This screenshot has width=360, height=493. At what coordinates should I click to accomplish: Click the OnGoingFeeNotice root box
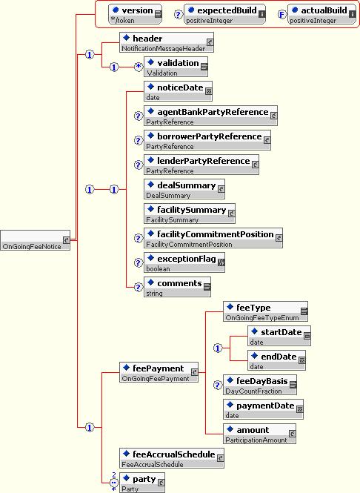tap(35, 240)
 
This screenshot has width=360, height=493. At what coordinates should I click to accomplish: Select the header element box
tap(167, 42)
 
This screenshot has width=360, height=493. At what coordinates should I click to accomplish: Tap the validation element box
tap(176, 67)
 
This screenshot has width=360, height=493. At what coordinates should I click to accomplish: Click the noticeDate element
tap(178, 91)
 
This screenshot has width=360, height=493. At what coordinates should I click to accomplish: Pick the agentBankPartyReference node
tap(210, 116)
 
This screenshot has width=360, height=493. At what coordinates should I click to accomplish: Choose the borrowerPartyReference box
tap(207, 140)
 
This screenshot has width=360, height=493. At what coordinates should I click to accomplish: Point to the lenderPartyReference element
tap(201, 165)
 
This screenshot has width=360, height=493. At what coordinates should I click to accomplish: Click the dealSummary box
tap(184, 189)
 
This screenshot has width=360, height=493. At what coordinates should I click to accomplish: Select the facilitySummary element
tap(190, 214)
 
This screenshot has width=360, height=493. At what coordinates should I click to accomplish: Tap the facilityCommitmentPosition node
tap(213, 238)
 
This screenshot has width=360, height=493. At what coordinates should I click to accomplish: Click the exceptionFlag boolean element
tap(184, 262)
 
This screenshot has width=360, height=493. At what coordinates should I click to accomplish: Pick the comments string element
tap(178, 287)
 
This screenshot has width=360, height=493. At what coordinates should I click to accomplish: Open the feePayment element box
tap(159, 372)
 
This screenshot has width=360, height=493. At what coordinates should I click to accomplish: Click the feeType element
tap(265, 311)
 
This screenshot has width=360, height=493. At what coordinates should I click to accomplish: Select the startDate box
tap(279, 336)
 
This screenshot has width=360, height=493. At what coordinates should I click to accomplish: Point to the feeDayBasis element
tap(260, 385)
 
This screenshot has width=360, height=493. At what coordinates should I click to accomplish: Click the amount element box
tap(259, 434)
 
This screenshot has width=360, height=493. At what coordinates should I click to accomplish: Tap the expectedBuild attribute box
tap(224, 14)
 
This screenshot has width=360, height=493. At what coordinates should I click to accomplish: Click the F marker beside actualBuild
tap(282, 15)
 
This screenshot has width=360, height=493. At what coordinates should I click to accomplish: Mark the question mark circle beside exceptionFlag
tap(139, 262)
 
